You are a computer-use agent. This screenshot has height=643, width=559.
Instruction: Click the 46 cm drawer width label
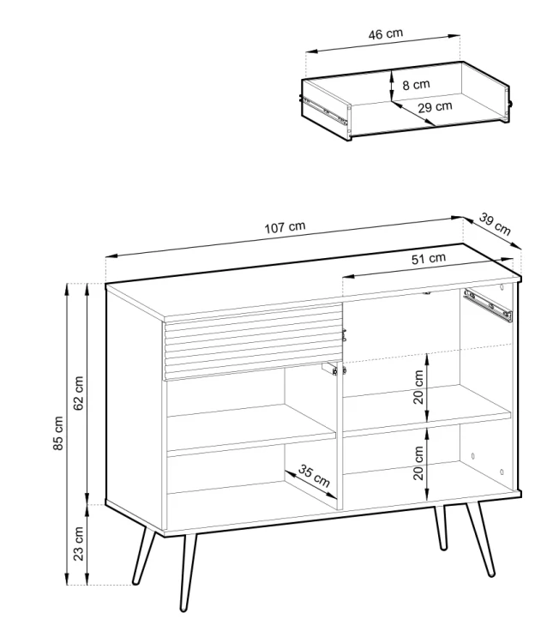tap(386, 33)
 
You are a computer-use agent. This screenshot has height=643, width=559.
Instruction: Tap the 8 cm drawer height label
tap(416, 85)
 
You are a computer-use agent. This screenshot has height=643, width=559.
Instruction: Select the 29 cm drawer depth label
tap(436, 107)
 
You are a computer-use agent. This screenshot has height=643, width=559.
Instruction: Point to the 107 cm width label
tap(285, 227)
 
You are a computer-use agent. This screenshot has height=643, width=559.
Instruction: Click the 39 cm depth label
tap(495, 225)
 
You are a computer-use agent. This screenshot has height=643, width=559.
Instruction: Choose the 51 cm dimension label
tap(428, 259)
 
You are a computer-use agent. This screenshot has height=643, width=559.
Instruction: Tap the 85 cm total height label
tap(58, 433)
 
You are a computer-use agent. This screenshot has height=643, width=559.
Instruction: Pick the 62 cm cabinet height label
tap(78, 394)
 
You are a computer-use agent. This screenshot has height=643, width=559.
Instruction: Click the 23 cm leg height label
tap(78, 544)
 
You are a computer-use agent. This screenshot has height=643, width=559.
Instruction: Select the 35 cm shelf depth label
tap(314, 476)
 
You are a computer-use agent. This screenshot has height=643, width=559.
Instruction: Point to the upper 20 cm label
tap(418, 388)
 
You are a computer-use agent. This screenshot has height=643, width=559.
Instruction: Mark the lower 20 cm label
tap(418, 463)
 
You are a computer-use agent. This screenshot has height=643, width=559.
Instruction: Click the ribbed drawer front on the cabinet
tap(254, 342)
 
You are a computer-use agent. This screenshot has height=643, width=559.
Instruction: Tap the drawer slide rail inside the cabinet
tap(488, 305)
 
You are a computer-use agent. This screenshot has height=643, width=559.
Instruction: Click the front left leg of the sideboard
tap(188, 573)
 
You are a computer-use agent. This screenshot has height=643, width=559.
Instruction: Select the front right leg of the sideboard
tap(480, 538)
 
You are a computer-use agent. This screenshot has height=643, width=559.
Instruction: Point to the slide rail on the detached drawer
tap(325, 110)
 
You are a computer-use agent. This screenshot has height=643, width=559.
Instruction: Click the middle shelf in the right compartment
tap(427, 410)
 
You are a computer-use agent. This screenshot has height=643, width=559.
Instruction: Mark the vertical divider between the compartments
tap(340, 436)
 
